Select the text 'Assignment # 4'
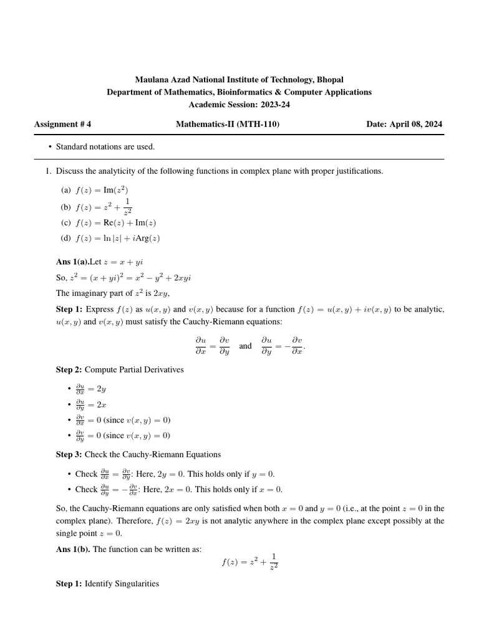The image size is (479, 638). coord(62,124)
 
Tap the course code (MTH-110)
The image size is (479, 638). coord(262,124)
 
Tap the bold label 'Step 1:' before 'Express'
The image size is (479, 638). coord(69,309)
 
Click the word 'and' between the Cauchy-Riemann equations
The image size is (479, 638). coord(245,346)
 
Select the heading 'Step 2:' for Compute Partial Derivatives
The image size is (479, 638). coord(69,369)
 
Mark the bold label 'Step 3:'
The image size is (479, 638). coord(69,454)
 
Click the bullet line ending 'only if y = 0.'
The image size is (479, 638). coord(175,474)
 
